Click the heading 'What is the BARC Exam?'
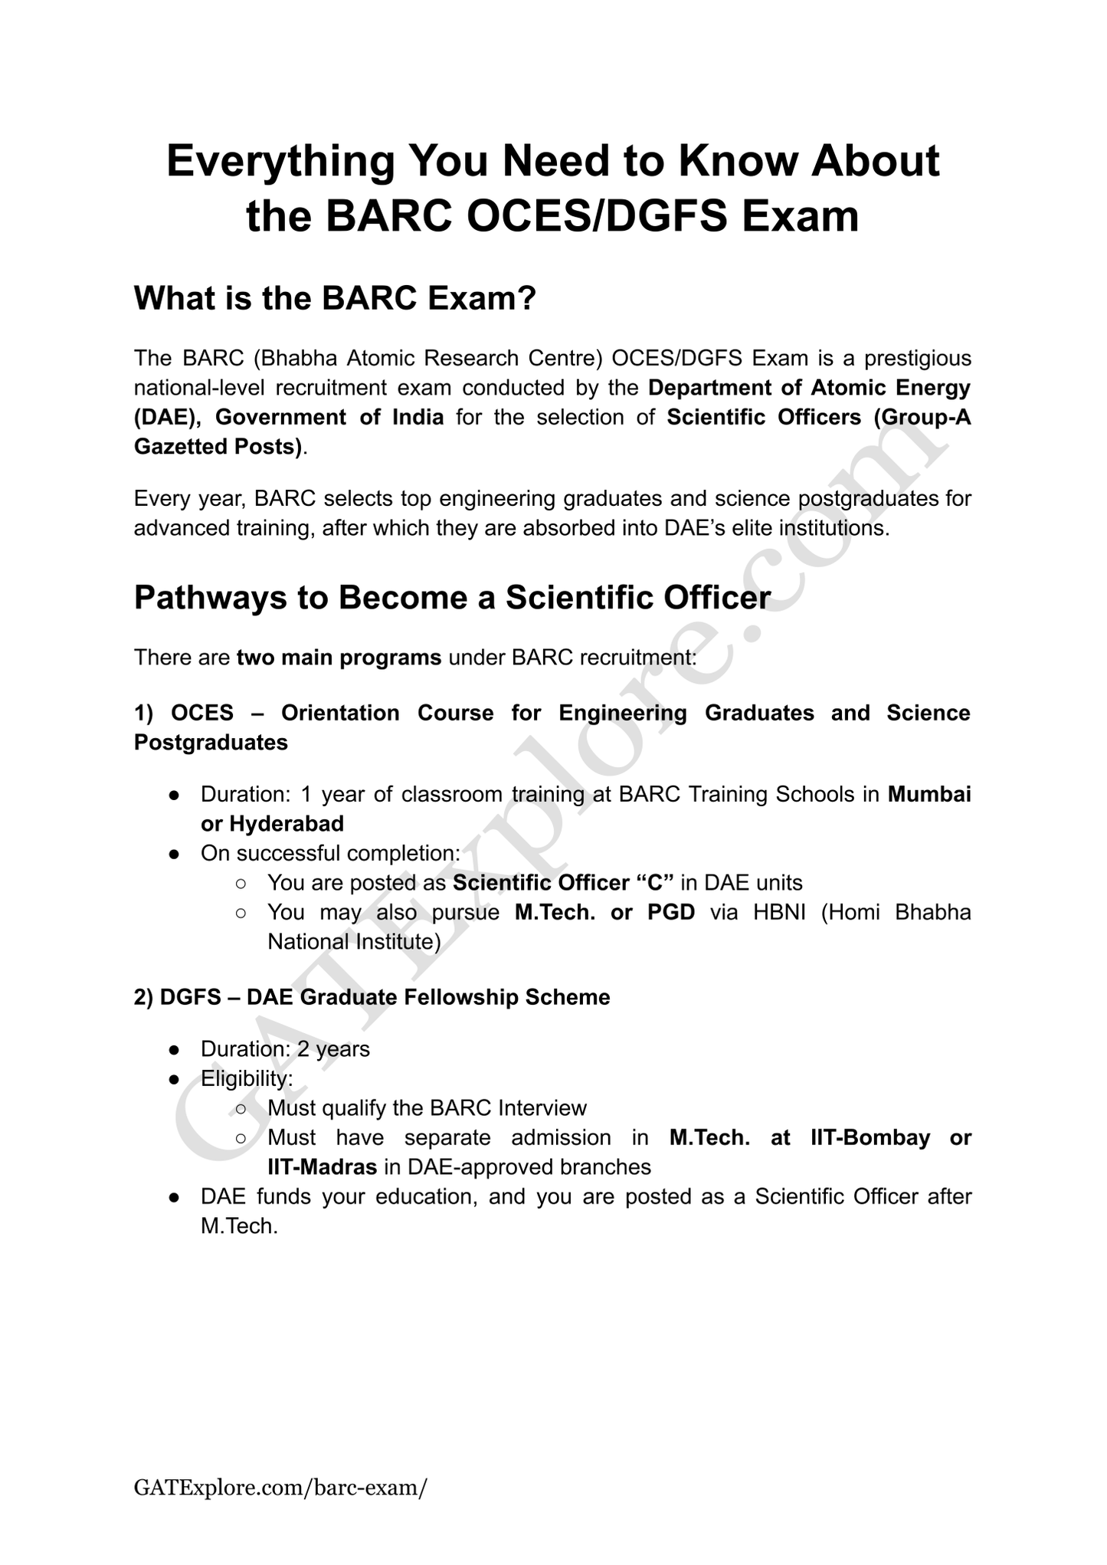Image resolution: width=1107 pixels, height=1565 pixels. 334,298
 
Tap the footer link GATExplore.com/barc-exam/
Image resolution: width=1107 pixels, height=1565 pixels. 280,1488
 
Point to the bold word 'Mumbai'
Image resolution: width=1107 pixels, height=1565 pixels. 929,794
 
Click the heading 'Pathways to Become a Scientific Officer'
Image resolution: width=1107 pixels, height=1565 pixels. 452,598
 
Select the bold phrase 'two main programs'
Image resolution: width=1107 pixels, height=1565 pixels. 339,658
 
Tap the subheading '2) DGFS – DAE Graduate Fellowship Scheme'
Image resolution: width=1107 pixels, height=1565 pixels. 372,997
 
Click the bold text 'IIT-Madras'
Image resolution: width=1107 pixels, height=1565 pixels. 322,1166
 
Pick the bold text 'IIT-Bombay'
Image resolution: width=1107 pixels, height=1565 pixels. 870,1137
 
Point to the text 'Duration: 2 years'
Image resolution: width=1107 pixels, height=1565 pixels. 285,1048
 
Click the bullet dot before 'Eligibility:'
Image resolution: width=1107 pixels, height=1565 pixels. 175,1079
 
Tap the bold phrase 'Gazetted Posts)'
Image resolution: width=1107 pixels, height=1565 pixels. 218,446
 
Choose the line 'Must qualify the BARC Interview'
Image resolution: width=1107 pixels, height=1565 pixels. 427,1108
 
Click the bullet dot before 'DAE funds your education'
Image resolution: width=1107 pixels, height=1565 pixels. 175,1196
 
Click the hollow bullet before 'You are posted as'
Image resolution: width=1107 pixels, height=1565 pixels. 241,884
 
